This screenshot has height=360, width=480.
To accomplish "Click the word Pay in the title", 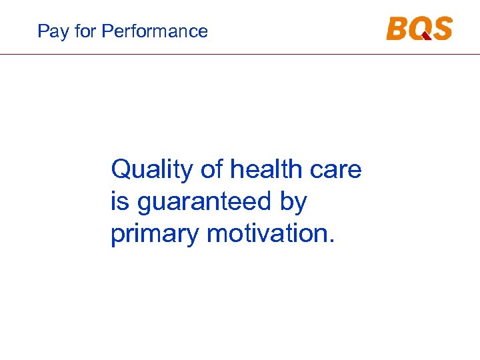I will click(51, 31).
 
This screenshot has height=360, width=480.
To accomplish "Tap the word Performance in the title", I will click(155, 31).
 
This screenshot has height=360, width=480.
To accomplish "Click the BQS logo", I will click(419, 29).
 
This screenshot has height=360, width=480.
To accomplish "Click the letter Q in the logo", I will click(419, 29).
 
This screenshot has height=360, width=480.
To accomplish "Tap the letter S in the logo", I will click(441, 29).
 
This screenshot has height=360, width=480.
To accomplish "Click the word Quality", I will click(151, 171).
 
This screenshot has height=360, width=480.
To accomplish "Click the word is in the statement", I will click(119, 202).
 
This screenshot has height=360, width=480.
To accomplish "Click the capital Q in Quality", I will click(122, 170).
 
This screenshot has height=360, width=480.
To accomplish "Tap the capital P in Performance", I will click(108, 31).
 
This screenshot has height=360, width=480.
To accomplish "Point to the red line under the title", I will click(240, 54).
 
